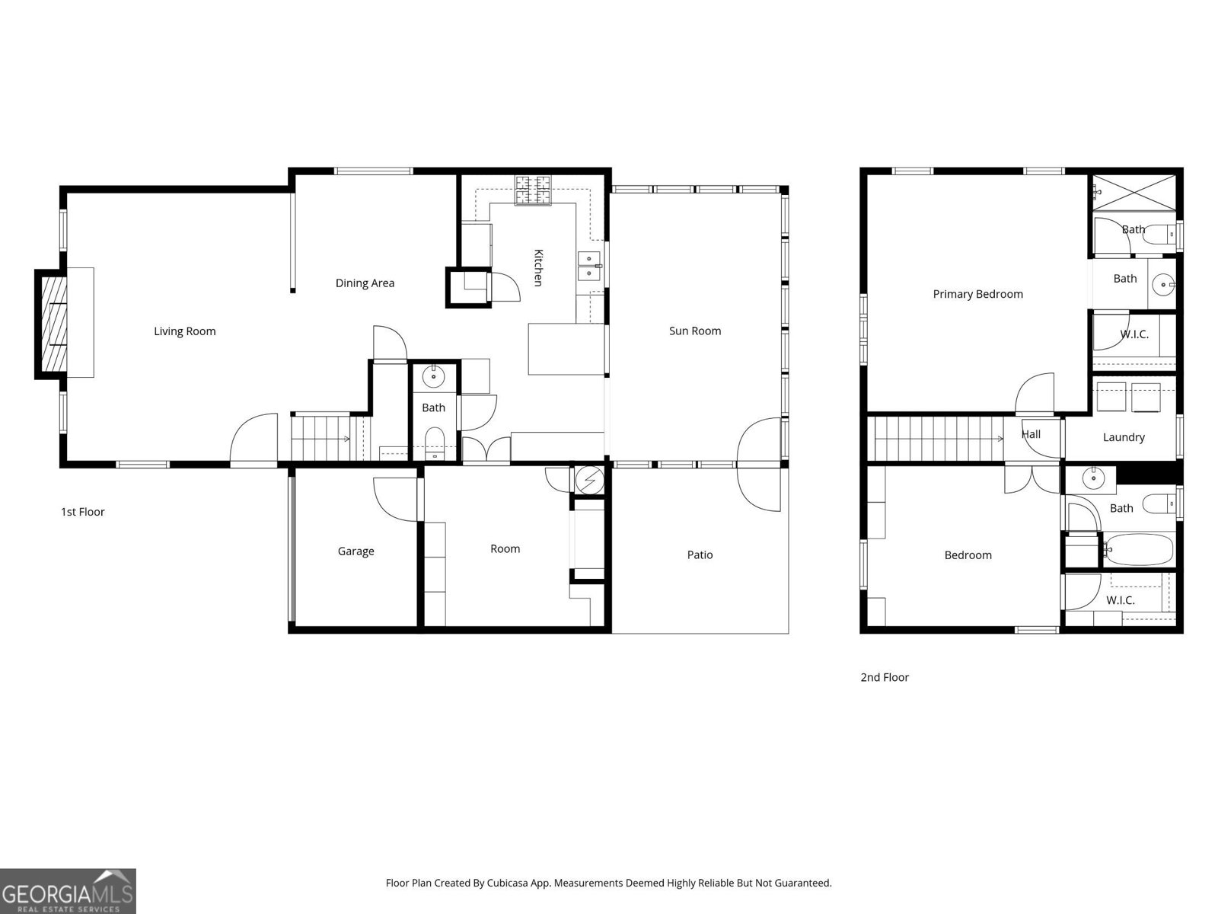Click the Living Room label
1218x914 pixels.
(185, 331)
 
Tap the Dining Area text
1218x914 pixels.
(365, 283)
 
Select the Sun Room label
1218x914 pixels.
(695, 331)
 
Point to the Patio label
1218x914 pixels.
(700, 554)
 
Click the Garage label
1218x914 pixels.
(356, 551)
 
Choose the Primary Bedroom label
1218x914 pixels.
(977, 294)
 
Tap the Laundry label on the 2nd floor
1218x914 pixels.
(1124, 437)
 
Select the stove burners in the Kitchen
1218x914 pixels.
(533, 189)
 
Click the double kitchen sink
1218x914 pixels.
(588, 267)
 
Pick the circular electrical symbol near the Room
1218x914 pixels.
(589, 480)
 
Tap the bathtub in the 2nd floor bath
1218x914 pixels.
(1138, 549)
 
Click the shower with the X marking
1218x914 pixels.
(1134, 193)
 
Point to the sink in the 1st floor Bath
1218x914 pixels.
(433, 377)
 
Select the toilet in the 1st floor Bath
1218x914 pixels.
(435, 443)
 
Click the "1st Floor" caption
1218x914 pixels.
(83, 512)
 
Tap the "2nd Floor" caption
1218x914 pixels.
(885, 677)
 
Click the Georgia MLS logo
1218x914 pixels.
(68, 890)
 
